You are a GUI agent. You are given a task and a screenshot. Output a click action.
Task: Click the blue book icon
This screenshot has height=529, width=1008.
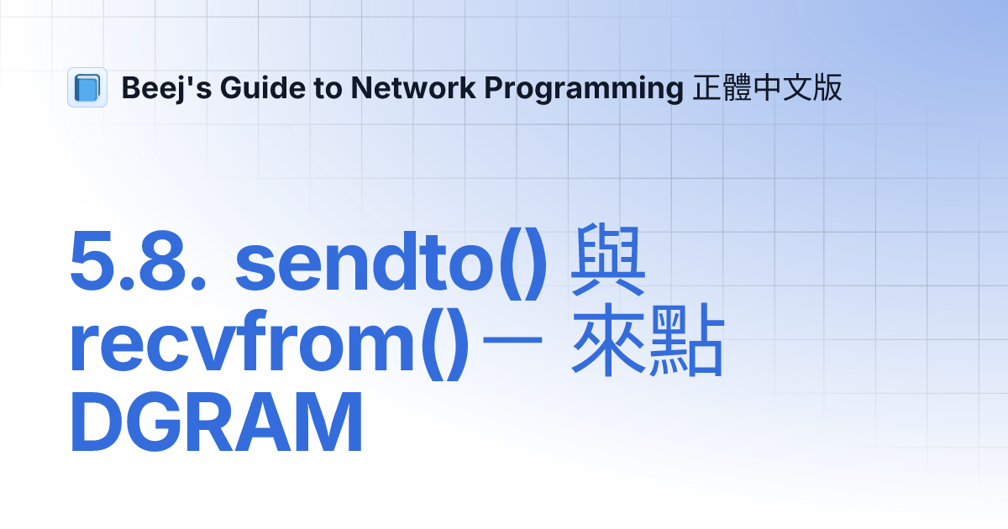87,87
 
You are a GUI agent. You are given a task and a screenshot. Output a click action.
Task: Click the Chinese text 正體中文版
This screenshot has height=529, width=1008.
767,87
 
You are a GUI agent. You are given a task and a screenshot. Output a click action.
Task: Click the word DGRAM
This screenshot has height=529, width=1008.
217,425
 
